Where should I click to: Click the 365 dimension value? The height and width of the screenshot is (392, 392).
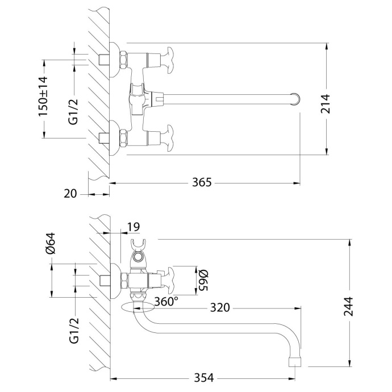[x=202, y=182]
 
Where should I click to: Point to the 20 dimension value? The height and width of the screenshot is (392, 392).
[x=70, y=194]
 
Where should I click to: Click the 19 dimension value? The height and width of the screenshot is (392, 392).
[x=132, y=227]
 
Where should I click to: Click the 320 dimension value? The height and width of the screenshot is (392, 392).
[x=220, y=307]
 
